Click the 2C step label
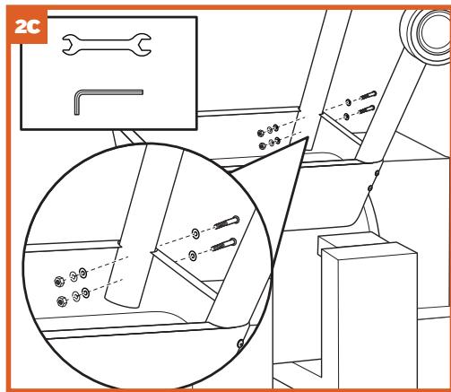tap(28, 27)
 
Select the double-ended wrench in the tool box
tap(107, 45)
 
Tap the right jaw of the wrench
tap(143, 45)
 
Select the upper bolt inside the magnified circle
tap(227, 222)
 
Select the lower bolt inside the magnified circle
tap(224, 245)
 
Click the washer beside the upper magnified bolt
tap(195, 233)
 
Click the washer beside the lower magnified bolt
tap(193, 256)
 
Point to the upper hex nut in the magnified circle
tap(58, 281)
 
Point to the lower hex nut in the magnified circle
tap(62, 301)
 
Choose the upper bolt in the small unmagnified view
tap(369, 96)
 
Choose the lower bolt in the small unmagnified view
tap(367, 109)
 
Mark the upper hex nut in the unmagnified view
tap(261, 133)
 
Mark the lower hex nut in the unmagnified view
tap(263, 146)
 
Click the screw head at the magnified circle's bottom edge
tap(240, 344)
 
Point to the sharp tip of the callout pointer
tap(308, 138)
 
